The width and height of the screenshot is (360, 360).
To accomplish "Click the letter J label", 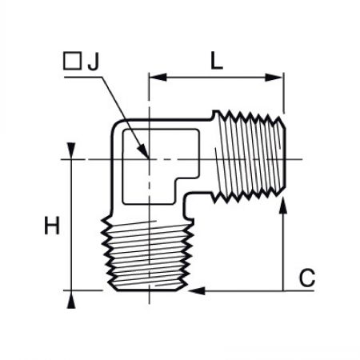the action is pyautogui.click(x=93, y=62).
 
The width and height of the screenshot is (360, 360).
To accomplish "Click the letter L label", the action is pyautogui.click(x=217, y=61).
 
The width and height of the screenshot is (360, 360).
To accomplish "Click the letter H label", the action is pyautogui.click(x=52, y=226).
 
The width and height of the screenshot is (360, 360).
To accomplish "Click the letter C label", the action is pyautogui.click(x=307, y=278).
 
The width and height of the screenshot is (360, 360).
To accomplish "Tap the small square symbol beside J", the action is pyautogui.click(x=72, y=61).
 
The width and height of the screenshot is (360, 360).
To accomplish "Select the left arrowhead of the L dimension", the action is pyautogui.click(x=158, y=78).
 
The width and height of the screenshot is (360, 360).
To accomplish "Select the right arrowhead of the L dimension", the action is pyautogui.click(x=274, y=78).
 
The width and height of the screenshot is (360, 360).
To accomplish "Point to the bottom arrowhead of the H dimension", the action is pyautogui.click(x=71, y=300).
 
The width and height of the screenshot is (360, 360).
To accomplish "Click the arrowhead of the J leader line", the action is pyautogui.click(x=144, y=151).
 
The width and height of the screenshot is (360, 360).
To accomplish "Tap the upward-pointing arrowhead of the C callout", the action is pyautogui.click(x=283, y=206).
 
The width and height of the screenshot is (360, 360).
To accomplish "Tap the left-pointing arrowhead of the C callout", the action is pyautogui.click(x=197, y=290).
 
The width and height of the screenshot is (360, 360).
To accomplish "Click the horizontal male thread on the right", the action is pyautogui.click(x=249, y=158).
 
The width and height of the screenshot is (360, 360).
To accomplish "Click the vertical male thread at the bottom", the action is pyautogui.click(x=147, y=254).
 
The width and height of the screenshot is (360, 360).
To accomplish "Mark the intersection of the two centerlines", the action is pyautogui.click(x=149, y=159).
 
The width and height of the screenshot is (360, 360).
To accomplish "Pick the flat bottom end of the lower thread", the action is pyautogui.click(x=147, y=290).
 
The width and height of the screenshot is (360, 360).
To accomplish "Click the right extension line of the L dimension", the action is pyautogui.click(x=284, y=93).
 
